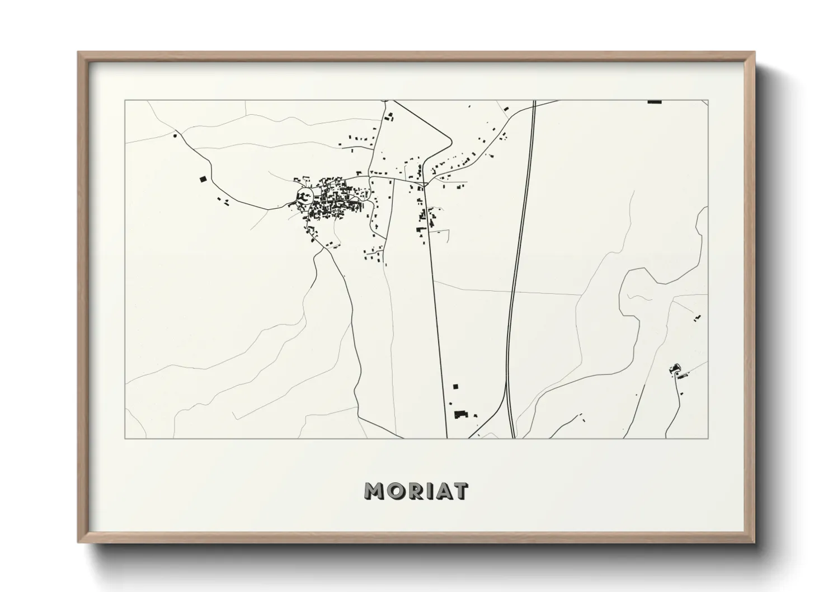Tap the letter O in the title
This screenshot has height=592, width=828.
pos(394,491)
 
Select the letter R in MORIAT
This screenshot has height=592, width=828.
pos(413,491)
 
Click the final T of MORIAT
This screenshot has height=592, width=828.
pos(459,491)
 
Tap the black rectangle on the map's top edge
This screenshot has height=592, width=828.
pos(654,101)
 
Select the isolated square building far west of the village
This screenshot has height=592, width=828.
pos(203,179)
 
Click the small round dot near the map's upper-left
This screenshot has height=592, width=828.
pos(176,135)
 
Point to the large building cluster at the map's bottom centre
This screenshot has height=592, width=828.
pos(461,414)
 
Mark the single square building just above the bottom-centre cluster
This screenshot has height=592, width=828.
pos(455,386)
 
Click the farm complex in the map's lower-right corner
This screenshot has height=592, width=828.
pos(675,370)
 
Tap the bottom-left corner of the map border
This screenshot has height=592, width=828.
pos(125,438)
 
